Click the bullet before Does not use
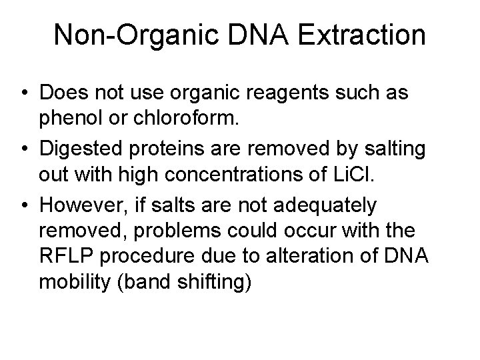click(23, 93)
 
